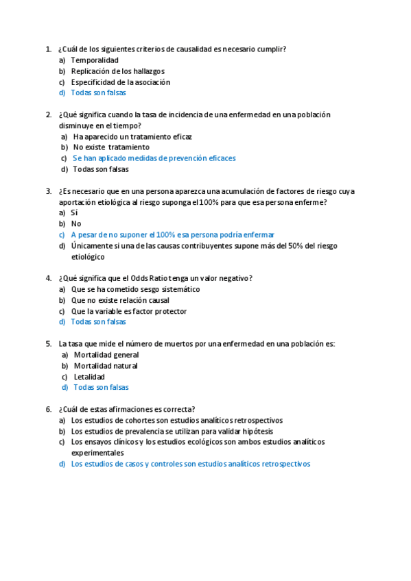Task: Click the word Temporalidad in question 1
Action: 95,60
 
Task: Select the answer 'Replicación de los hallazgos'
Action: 117,71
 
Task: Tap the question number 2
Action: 48,114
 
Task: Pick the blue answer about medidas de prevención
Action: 154,158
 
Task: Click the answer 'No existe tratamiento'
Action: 111,147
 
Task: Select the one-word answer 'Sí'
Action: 74,213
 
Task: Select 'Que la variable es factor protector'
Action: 128,311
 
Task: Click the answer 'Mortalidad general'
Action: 106,355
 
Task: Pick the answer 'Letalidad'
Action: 89,377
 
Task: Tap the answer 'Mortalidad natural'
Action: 106,366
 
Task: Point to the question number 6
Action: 48,409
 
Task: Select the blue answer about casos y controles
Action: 190,464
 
